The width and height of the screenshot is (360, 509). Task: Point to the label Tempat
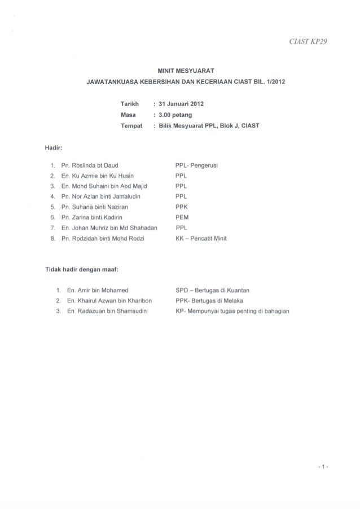pyautogui.click(x=131, y=125)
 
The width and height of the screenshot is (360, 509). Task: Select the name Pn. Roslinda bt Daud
pyautogui.click(x=92, y=165)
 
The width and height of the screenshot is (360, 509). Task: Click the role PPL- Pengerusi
pyautogui.click(x=197, y=165)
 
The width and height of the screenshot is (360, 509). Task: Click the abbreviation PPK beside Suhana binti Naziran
pyautogui.click(x=182, y=207)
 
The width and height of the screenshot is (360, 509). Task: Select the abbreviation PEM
pyautogui.click(x=182, y=217)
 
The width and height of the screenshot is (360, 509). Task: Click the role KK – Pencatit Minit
pyautogui.click(x=204, y=238)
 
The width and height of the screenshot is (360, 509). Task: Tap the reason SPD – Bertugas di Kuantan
pyautogui.click(x=212, y=289)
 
